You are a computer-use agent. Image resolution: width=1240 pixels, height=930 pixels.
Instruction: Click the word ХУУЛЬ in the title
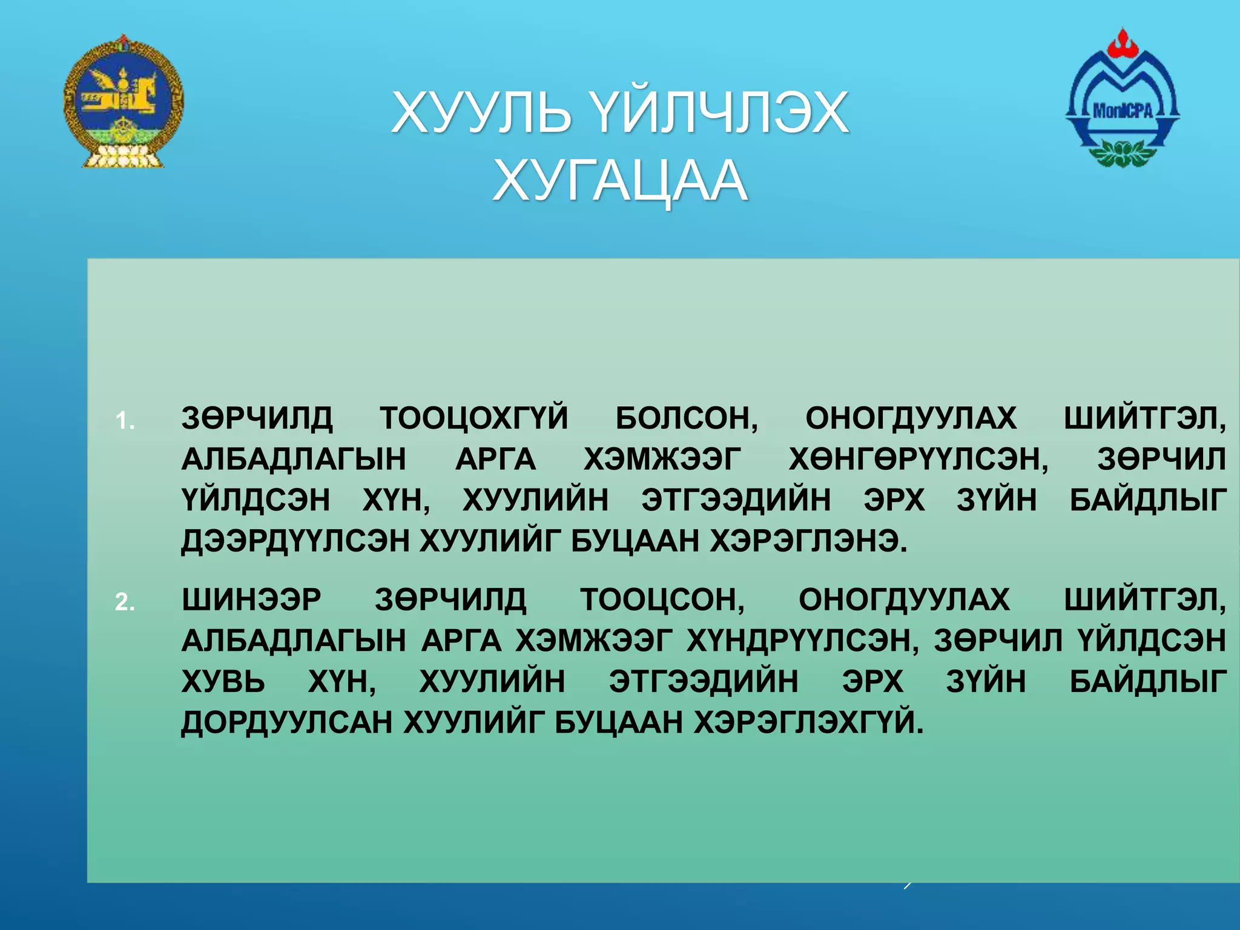(x=481, y=113)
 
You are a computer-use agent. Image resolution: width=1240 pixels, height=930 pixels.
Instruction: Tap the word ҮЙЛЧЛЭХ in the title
(x=719, y=113)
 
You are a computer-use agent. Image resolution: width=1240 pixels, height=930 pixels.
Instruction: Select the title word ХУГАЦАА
(x=620, y=181)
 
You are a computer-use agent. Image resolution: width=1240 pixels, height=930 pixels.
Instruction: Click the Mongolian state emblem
(x=124, y=102)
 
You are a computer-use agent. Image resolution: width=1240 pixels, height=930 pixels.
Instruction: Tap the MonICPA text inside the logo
(x=1122, y=111)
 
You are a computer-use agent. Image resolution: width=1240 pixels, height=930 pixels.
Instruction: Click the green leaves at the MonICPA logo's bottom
(x=1121, y=153)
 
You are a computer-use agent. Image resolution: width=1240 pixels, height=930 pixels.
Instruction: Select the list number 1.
(x=125, y=421)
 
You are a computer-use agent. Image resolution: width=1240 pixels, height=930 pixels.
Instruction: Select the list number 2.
(x=125, y=602)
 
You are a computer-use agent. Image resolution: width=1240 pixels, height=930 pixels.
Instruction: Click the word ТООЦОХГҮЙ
(x=473, y=418)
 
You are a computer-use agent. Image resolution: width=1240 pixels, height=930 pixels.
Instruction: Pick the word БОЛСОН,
(x=687, y=418)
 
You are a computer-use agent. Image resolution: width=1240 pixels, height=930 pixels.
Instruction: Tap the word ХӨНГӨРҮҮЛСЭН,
(x=918, y=459)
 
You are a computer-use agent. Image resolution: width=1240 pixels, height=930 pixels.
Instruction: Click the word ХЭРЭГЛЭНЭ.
(x=808, y=541)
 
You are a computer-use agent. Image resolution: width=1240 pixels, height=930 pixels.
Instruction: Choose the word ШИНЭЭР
(x=251, y=599)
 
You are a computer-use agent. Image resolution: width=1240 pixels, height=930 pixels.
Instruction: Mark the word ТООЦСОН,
(x=662, y=599)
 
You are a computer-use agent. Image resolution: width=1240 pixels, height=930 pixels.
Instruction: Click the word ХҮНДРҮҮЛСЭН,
(x=802, y=641)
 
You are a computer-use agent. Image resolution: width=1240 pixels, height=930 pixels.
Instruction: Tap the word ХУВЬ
(x=223, y=682)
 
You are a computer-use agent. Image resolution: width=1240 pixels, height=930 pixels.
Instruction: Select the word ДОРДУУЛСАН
(x=287, y=722)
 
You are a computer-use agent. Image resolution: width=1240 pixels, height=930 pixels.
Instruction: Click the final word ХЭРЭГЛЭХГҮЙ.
(x=808, y=722)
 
